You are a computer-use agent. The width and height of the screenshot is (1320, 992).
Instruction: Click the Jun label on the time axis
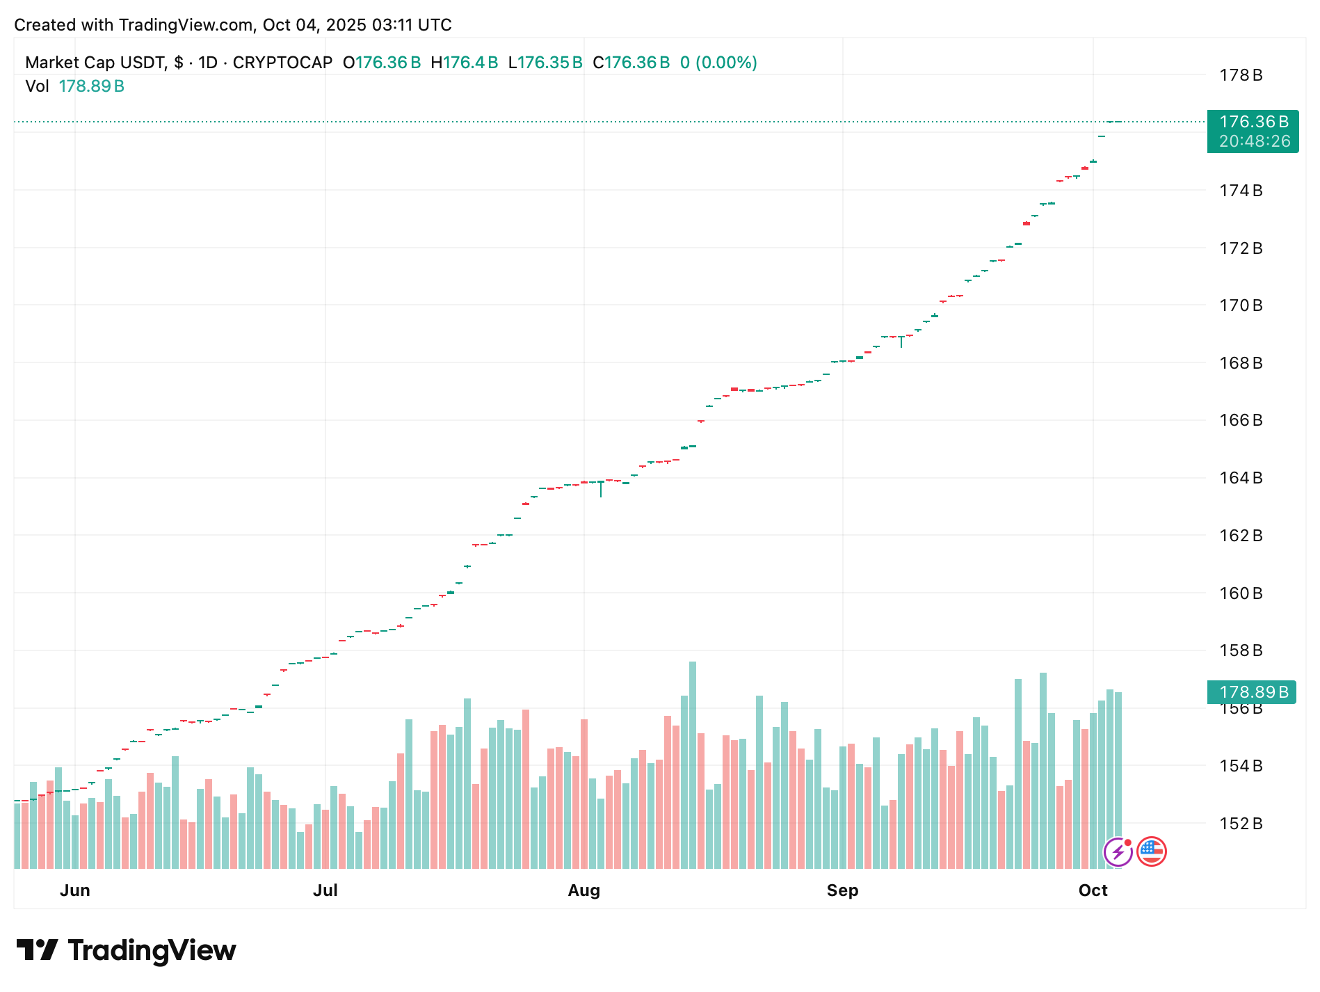[x=75, y=890]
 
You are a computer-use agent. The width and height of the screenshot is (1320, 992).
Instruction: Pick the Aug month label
[x=583, y=890]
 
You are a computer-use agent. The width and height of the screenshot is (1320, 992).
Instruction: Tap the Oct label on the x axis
[x=1093, y=890]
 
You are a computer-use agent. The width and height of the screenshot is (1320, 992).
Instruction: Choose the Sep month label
[x=842, y=890]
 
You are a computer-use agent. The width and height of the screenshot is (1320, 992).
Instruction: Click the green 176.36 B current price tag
[x=1253, y=122]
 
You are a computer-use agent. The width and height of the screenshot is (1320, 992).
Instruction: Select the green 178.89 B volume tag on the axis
[x=1253, y=692]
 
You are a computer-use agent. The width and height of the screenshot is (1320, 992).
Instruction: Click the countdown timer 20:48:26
[x=1254, y=141]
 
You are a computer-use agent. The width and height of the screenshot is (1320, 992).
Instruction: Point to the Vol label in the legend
[x=37, y=86]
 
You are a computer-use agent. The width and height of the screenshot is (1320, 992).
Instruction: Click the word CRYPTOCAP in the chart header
[x=282, y=63]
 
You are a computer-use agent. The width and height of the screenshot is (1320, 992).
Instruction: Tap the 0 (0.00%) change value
[x=718, y=63]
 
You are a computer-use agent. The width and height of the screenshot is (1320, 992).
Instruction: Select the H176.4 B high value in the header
[x=464, y=63]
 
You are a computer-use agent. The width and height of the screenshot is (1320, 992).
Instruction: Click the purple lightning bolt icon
[x=1118, y=851]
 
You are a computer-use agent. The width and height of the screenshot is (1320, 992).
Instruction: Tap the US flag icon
[x=1151, y=851]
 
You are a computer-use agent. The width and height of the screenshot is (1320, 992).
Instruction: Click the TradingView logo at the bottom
[x=126, y=950]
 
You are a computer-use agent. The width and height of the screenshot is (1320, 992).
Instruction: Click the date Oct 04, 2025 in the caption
[x=314, y=25]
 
